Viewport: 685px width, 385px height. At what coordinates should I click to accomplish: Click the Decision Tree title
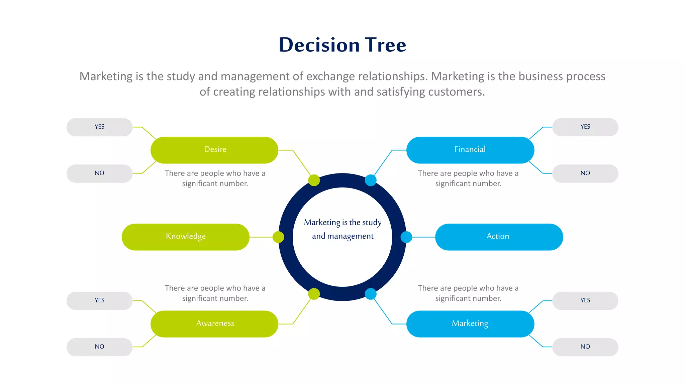point(342,45)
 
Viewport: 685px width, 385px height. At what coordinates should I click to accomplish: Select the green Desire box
point(214,150)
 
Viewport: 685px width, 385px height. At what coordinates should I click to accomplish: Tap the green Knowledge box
point(186,237)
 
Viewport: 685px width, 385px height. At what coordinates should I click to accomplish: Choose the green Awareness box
point(214,324)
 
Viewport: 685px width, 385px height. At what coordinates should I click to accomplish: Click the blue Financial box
point(470,150)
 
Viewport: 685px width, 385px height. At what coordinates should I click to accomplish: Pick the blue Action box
point(499,237)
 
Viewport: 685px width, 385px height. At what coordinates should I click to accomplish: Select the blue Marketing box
point(470,324)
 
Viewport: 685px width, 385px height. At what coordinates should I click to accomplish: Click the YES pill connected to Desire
point(99,127)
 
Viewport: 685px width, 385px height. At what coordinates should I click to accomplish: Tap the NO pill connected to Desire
point(99,173)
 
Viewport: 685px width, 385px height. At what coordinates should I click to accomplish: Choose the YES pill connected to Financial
point(585,127)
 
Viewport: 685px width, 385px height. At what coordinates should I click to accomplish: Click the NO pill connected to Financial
point(585,173)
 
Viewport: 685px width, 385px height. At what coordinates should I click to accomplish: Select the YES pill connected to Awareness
point(99,300)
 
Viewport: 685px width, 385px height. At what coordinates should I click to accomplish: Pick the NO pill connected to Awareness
point(99,347)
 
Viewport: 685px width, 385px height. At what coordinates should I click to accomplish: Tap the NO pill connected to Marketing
point(585,347)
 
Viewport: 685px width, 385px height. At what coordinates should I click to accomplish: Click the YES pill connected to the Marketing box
point(585,300)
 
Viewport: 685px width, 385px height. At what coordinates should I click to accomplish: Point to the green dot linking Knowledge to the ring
point(278,237)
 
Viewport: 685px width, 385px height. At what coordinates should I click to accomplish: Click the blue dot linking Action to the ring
point(406,237)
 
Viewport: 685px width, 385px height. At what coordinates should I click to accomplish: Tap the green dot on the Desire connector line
point(314,180)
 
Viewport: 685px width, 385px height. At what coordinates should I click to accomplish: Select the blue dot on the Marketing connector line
point(371,294)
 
